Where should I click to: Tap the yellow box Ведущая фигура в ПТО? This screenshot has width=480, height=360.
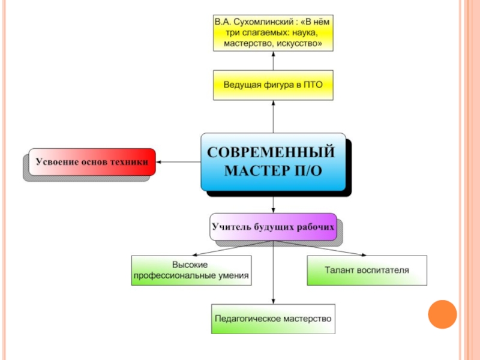coord(273,85)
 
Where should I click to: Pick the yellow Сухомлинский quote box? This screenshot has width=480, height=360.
coord(273,34)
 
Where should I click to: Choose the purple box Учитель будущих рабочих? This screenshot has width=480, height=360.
coord(273,227)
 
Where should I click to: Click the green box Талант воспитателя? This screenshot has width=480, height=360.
coord(367,271)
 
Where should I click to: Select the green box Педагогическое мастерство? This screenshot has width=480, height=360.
coord(273,319)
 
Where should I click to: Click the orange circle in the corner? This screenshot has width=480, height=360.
coord(442,314)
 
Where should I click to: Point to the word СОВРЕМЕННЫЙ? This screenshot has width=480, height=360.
coord(273,152)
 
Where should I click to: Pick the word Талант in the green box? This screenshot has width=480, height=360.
coord(339,271)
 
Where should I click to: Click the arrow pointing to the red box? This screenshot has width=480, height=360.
coord(178,162)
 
